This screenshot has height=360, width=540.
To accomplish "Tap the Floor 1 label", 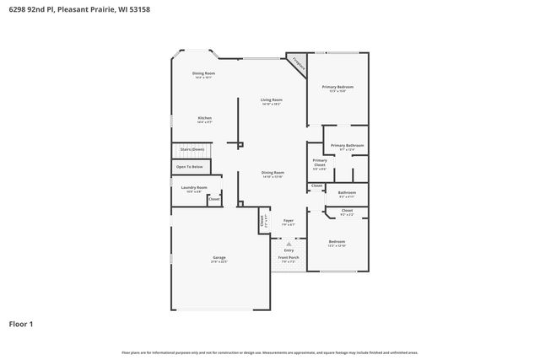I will pyautogui.click(x=22, y=323).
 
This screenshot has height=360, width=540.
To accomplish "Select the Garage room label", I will pyautogui.click(x=219, y=257).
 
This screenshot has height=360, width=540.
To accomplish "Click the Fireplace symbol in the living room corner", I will pyautogui.click(x=297, y=62).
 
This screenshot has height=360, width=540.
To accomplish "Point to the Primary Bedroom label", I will pyautogui.click(x=337, y=87).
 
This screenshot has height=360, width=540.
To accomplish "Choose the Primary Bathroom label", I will pyautogui.click(x=347, y=146).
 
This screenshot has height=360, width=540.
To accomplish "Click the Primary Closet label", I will pyautogui.click(x=320, y=161).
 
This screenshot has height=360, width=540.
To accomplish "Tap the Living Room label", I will pyautogui.click(x=271, y=99).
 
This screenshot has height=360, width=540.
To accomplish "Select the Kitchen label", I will pyautogui.click(x=204, y=118).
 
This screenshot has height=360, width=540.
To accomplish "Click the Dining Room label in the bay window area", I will pyautogui.click(x=203, y=73).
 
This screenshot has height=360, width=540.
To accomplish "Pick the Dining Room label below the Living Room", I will pyautogui.click(x=272, y=173).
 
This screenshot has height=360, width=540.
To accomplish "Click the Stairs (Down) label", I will pyautogui.click(x=192, y=149).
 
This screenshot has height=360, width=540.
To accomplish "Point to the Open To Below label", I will pyautogui.click(x=189, y=167).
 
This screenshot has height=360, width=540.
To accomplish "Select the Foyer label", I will pyautogui.click(x=289, y=221).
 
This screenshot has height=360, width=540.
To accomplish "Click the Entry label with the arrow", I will pyautogui.click(x=289, y=250).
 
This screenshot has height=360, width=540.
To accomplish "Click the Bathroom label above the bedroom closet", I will pyautogui.click(x=347, y=192).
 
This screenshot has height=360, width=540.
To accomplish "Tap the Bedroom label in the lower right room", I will pyautogui.click(x=337, y=241).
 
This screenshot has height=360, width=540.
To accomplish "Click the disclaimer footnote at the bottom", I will pyautogui.click(x=270, y=352).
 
